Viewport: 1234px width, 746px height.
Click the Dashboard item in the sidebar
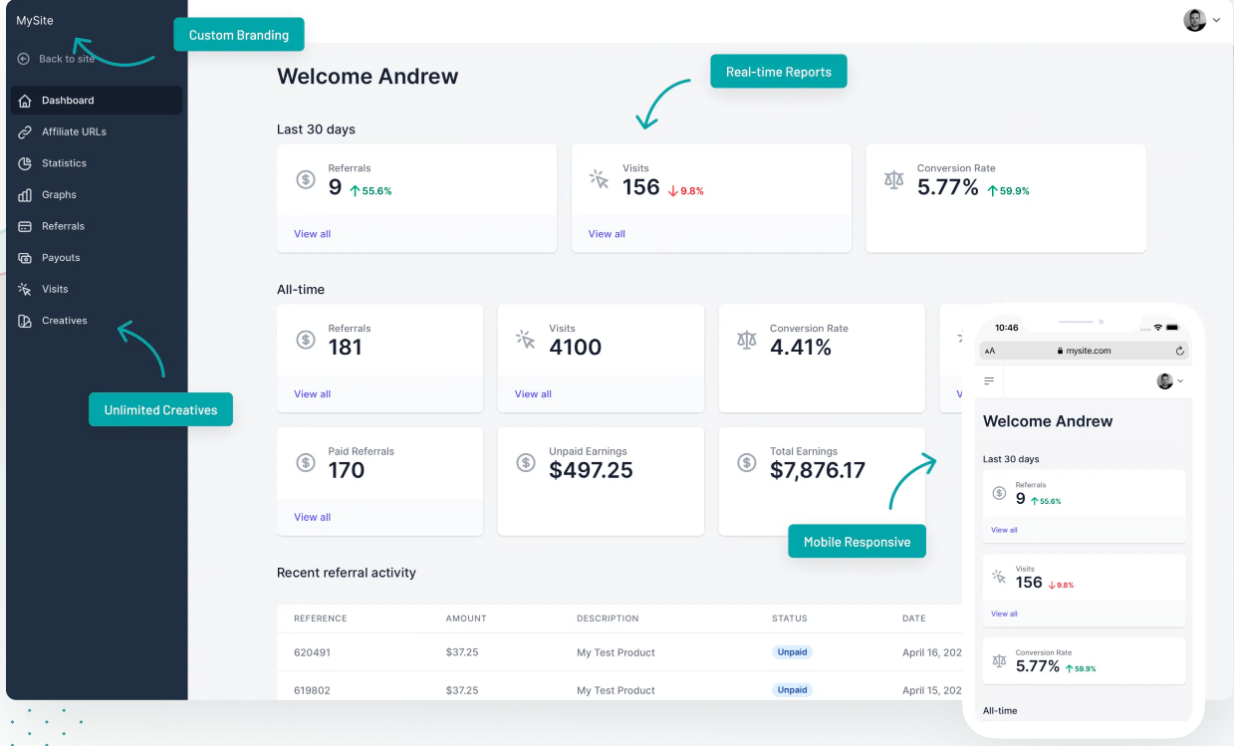coord(68,101)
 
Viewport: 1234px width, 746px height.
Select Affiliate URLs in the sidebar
coord(74,131)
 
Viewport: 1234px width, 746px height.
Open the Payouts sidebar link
coord(61,258)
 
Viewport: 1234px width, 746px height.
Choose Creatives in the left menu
coord(65,321)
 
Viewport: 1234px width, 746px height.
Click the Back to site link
coord(66,59)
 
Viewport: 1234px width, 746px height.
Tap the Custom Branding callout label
coord(239,35)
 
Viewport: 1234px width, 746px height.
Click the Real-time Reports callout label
coord(778,72)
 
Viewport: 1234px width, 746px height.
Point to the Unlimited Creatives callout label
coord(160,409)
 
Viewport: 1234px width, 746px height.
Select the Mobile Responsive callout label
coord(857,542)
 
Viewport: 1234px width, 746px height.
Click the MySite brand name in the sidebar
coord(35,20)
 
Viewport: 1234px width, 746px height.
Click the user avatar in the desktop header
coord(1194,20)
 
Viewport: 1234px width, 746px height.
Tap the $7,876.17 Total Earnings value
coord(818,470)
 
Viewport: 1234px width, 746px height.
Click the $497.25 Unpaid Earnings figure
coord(591,470)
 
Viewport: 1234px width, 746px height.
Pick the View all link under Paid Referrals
coord(312,517)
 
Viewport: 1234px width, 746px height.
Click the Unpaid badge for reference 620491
coord(792,652)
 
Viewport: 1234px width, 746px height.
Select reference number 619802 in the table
coord(312,690)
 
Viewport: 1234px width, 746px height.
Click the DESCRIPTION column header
coord(608,619)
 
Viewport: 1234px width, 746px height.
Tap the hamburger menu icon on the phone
coord(989,380)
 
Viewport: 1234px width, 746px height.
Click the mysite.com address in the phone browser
coord(1088,351)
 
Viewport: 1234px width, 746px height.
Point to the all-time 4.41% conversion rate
coord(801,347)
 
